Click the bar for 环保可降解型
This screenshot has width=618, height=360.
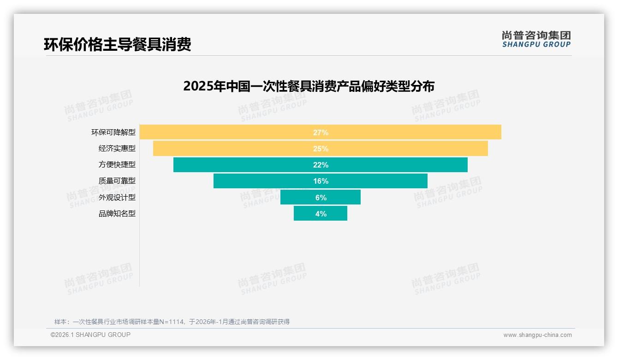[231, 132]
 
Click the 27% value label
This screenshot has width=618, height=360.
[321, 132]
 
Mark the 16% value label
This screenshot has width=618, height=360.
[321, 181]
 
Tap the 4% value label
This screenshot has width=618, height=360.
[321, 214]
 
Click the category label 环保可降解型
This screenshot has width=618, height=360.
[113, 132]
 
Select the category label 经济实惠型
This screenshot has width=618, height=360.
[117, 149]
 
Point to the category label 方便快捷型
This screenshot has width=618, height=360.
[117, 165]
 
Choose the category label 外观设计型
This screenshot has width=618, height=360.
[117, 198]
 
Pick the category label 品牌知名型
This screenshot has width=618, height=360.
[117, 214]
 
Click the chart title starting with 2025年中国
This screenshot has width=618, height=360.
[309, 86]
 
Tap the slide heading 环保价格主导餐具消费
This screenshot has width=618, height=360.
[118, 44]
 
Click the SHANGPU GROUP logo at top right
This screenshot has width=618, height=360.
[536, 39]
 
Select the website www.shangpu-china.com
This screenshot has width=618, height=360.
[537, 335]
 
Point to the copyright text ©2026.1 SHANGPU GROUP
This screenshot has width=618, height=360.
[90, 335]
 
